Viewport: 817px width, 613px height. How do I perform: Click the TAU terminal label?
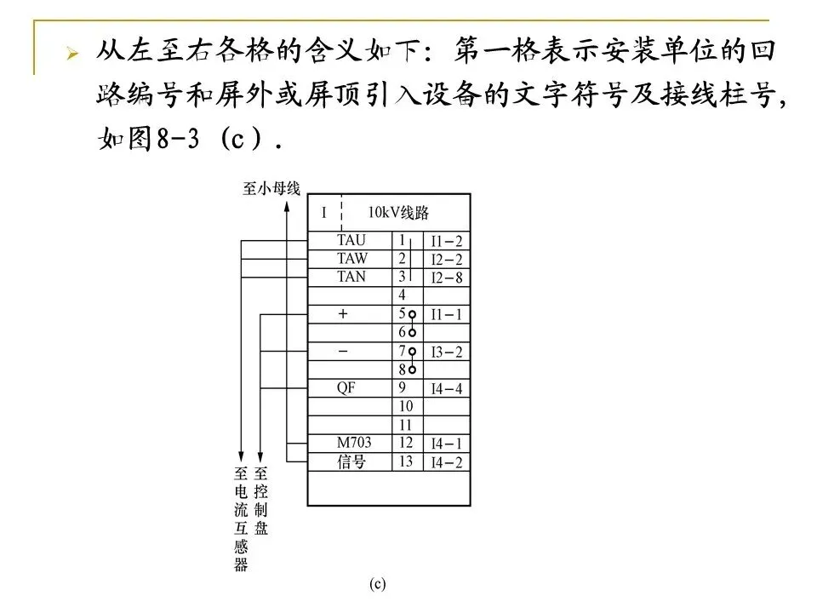coord(351,241)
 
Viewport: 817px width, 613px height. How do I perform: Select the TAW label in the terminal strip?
coord(352,259)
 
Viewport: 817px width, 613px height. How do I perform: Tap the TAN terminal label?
coord(351,277)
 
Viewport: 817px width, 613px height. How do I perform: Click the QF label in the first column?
coord(346,388)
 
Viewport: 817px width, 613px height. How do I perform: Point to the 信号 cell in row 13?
coord(351,462)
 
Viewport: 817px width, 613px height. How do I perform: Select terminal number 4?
coord(402,295)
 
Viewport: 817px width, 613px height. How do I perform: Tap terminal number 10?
coord(405,406)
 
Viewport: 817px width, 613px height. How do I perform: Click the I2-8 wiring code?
coord(446,278)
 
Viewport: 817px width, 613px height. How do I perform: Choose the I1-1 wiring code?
coord(446,314)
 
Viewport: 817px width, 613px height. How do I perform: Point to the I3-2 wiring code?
coord(446,352)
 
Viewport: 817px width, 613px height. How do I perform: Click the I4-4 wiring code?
coord(446,389)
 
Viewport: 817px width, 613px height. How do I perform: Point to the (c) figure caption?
coord(378,584)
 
